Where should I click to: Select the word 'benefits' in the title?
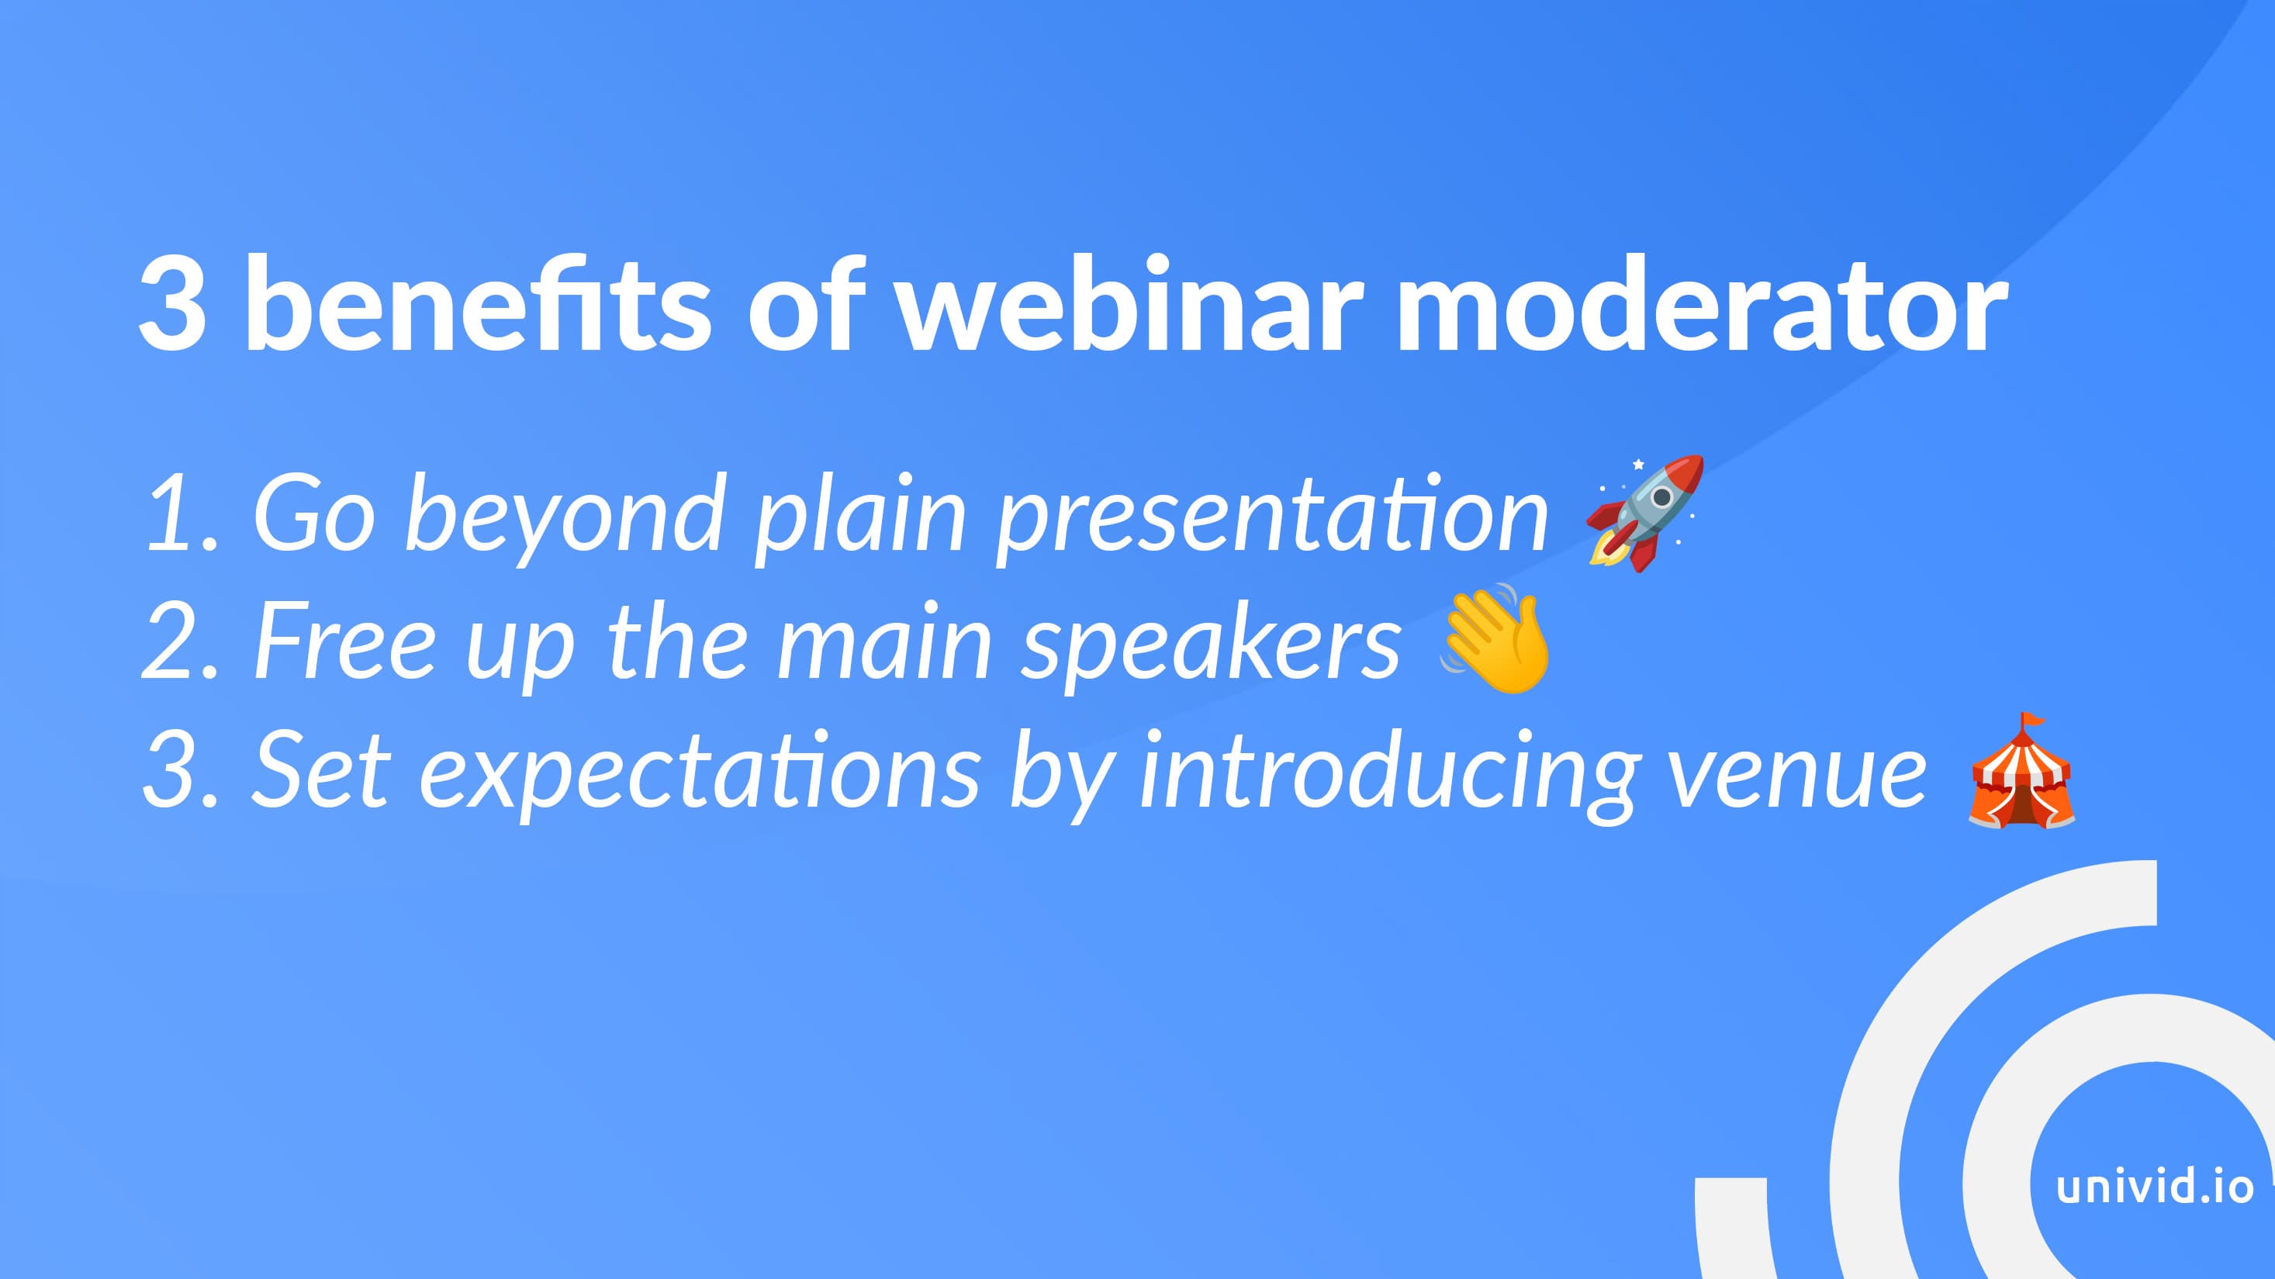tap(476, 303)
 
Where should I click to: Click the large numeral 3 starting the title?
tap(173, 305)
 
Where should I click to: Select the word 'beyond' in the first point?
tap(566, 517)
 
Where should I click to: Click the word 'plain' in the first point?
tap(861, 517)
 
